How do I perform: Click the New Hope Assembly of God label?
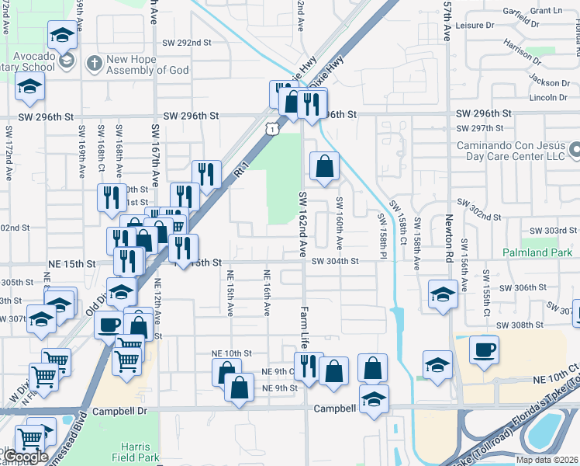click(x=147, y=64)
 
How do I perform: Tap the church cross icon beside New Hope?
click(x=94, y=62)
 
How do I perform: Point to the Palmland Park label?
click(x=537, y=252)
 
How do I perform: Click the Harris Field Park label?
click(x=140, y=452)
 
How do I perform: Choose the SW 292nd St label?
click(x=187, y=43)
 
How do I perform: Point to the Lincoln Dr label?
click(x=547, y=97)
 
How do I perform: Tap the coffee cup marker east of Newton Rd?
click(x=485, y=350)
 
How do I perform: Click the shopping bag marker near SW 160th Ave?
click(x=324, y=165)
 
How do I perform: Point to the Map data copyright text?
click(x=547, y=460)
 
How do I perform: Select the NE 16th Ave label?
click(x=267, y=293)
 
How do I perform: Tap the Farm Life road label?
click(x=305, y=325)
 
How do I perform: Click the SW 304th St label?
click(x=335, y=262)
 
